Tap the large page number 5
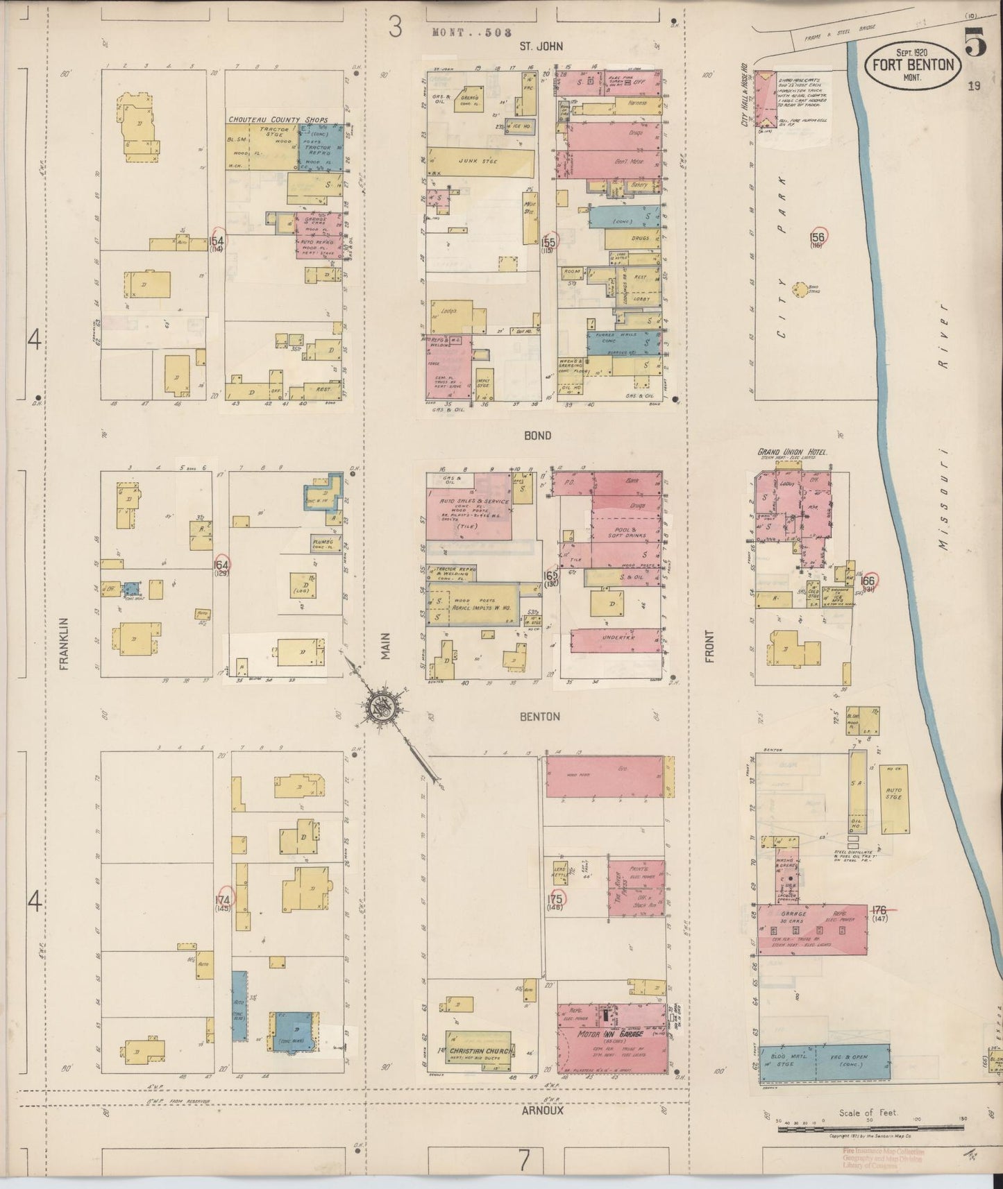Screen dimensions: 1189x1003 tap(975, 44)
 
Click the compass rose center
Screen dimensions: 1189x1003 tap(380, 707)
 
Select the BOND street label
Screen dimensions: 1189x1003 tap(538, 436)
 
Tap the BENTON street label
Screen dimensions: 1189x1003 tap(539, 717)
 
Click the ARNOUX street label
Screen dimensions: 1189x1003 tap(542, 1111)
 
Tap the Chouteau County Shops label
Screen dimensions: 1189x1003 tap(278, 120)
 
